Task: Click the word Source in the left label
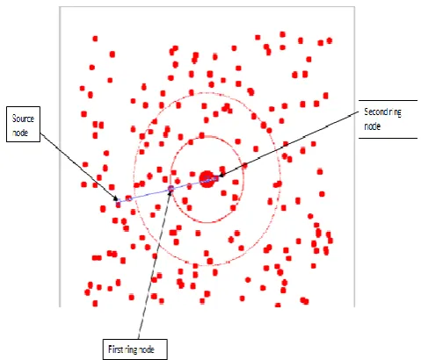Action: [23, 119]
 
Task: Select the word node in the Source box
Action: [20, 133]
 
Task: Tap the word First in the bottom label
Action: [114, 349]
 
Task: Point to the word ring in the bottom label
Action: [129, 349]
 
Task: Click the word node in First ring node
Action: [146, 349]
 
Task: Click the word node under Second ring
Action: [372, 126]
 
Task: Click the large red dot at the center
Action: [207, 179]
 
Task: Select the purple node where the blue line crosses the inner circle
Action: [171, 188]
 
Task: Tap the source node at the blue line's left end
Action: [118, 204]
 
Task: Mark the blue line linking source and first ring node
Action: [144, 195]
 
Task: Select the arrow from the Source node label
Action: [78, 167]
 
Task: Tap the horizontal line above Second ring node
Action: [388, 101]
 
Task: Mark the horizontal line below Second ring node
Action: [388, 138]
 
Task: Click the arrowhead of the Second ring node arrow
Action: [221, 175]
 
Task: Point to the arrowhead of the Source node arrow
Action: [116, 198]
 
